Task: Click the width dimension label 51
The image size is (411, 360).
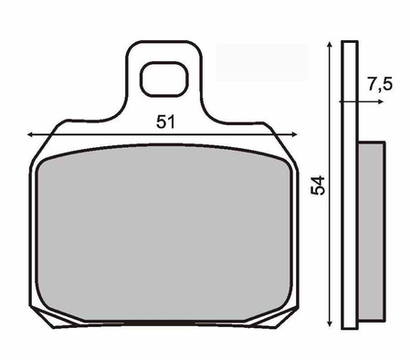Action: (166, 122)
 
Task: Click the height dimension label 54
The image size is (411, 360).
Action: (318, 185)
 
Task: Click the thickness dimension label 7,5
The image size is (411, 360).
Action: (380, 84)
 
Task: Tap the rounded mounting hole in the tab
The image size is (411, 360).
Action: (164, 79)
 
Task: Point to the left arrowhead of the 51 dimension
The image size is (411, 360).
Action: (30, 134)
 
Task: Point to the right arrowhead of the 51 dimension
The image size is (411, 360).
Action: (294, 134)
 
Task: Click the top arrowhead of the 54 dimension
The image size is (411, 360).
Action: (329, 45)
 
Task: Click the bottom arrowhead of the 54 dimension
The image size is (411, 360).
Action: (329, 323)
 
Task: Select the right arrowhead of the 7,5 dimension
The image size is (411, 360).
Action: (380, 101)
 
